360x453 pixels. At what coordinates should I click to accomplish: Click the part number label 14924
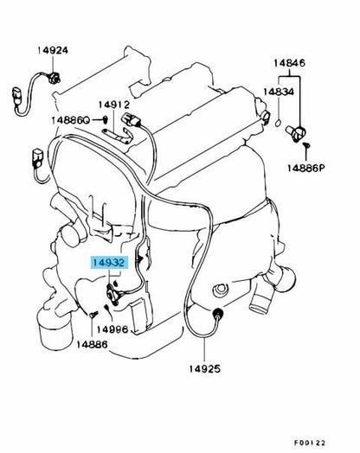coord(53,50)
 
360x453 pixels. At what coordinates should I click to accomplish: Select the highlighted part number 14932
coord(109,263)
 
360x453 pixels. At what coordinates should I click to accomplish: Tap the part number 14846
coord(289,63)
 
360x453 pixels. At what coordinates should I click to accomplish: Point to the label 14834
coord(279,92)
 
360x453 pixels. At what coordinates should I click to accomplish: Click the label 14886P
coord(306,168)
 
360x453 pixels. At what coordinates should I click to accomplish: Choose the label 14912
coord(114,105)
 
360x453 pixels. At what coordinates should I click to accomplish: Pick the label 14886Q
coord(71,120)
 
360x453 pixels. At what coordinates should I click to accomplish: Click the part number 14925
coord(205,368)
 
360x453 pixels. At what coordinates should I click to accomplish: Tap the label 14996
coord(112,329)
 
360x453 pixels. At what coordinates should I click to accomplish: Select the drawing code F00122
coord(310,443)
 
